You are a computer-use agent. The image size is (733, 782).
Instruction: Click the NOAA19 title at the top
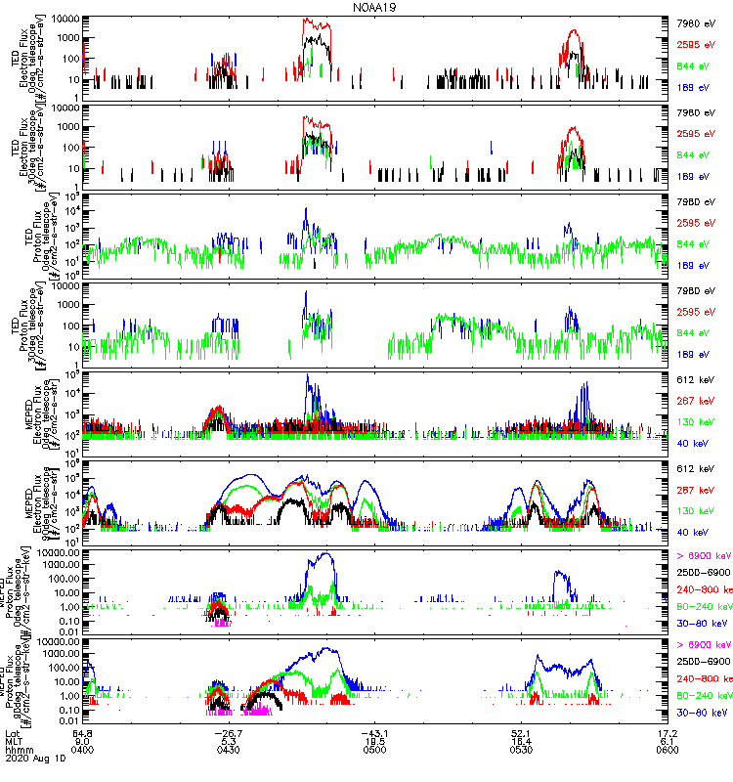click(376, 7)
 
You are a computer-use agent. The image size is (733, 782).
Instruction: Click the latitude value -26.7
click(228, 733)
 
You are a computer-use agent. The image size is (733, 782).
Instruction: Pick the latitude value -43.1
click(374, 733)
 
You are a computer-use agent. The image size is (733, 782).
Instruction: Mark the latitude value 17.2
click(668, 733)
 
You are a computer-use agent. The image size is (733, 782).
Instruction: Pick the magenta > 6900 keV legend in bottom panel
click(703, 645)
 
